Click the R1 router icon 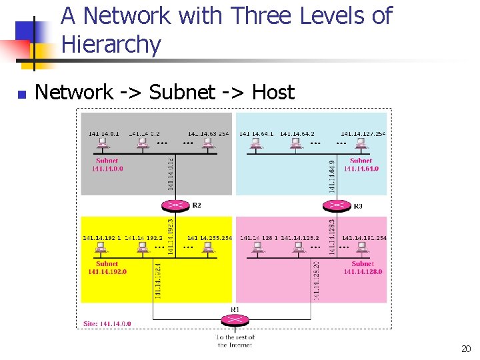[235, 319]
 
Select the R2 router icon [176, 206]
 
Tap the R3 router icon [339, 206]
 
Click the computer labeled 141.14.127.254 [362, 144]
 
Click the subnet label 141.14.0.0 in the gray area [107, 169]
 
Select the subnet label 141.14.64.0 [361, 169]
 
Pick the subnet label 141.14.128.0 [363, 271]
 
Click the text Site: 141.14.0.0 [107, 324]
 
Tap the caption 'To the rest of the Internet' [235, 341]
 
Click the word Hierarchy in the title [111, 45]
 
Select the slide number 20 [465, 349]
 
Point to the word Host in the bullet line [273, 92]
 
